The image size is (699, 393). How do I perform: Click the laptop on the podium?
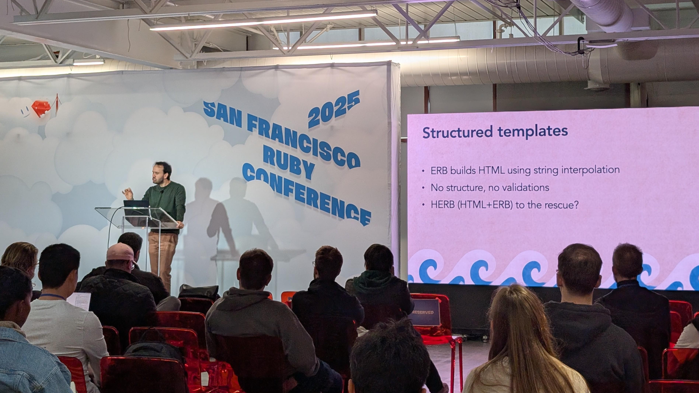[136, 204]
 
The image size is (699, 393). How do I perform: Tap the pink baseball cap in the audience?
[120, 252]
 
